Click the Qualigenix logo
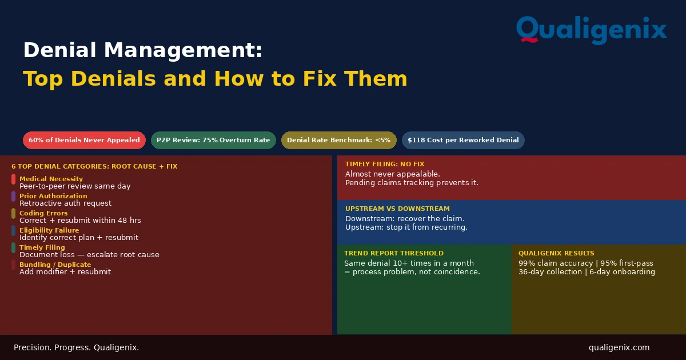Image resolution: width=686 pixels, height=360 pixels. pyautogui.click(x=591, y=30)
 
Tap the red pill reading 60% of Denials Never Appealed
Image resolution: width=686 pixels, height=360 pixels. pyautogui.click(x=84, y=140)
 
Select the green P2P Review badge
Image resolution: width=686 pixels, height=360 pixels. pyautogui.click(x=213, y=140)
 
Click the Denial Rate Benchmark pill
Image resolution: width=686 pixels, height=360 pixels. pyautogui.click(x=338, y=140)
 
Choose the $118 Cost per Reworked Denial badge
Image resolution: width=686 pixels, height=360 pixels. pyautogui.click(x=463, y=140)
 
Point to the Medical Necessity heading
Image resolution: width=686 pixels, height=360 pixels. pyautogui.click(x=51, y=179)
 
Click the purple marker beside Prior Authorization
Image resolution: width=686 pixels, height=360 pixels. pyautogui.click(x=14, y=197)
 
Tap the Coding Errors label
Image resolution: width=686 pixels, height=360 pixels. pyautogui.click(x=43, y=213)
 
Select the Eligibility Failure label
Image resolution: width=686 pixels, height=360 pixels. pyautogui.click(x=49, y=230)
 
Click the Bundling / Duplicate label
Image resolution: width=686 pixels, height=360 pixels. pyautogui.click(x=55, y=265)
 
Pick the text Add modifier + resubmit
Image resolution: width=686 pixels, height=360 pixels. pyautogui.click(x=65, y=272)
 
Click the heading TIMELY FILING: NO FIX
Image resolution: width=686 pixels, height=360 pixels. pyautogui.click(x=385, y=164)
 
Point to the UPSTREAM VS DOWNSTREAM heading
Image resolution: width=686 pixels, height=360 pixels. pyautogui.click(x=397, y=209)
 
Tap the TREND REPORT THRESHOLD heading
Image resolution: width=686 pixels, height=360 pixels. pyautogui.click(x=394, y=254)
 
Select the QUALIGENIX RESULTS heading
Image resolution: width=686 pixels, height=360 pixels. pyautogui.click(x=556, y=254)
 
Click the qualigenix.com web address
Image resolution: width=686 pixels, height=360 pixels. pyautogui.click(x=619, y=348)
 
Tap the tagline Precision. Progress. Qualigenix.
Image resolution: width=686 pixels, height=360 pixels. pyautogui.click(x=76, y=348)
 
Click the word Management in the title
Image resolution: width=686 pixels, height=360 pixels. pyautogui.click(x=183, y=50)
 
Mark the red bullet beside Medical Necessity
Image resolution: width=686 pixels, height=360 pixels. pyautogui.click(x=14, y=179)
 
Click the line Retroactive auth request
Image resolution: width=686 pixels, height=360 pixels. pyautogui.click(x=66, y=203)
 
